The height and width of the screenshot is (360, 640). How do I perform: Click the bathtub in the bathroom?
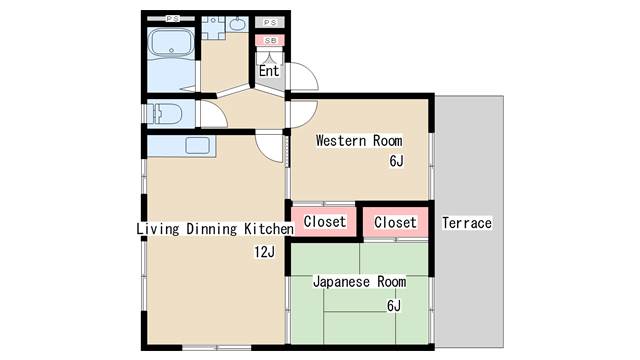coord(171,43)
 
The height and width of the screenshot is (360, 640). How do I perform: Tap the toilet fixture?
coord(164,113)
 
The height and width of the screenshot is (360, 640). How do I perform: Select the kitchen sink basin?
coord(198,146)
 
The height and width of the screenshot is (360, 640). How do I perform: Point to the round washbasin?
coord(237,24)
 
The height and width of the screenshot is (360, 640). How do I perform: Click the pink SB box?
coord(270,40)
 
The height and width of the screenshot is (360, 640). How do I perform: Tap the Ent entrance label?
coord(269,71)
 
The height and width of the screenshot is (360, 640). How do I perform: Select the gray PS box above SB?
coord(270,22)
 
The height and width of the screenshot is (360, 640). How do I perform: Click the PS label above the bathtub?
coord(172,18)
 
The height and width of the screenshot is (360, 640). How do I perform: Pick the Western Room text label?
coord(359,141)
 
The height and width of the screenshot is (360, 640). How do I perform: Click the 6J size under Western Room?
coord(396,161)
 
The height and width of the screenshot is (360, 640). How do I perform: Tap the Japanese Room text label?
coord(360,282)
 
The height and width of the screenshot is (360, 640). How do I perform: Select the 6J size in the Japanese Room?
coord(394,305)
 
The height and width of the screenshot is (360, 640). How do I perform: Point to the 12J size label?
coord(264,252)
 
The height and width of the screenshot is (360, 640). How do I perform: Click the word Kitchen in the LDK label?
coord(269,229)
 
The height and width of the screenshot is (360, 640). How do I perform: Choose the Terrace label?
coord(467,223)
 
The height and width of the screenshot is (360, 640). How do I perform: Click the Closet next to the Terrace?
coord(395,222)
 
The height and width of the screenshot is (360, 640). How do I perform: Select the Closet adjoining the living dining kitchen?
coord(325,222)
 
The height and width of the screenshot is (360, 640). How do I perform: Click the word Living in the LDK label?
coord(158,229)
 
